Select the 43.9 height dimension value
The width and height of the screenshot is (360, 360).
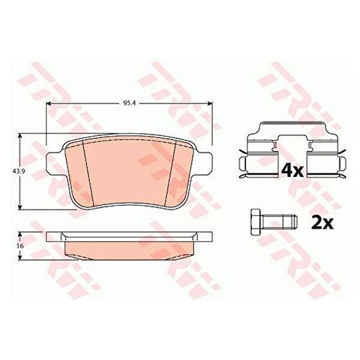coord(17,171)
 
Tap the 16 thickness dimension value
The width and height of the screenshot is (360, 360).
coord(20,246)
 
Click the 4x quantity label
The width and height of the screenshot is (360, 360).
coord(292,170)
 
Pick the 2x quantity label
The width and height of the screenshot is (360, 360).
coord(322,223)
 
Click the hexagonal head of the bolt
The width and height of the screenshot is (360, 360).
coord(256,222)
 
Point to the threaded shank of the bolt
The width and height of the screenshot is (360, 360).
coord(279,222)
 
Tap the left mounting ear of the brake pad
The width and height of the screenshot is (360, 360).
coord(55,163)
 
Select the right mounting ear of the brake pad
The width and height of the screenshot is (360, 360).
coord(203,163)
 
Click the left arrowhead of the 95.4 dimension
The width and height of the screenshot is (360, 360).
coord(48,104)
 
